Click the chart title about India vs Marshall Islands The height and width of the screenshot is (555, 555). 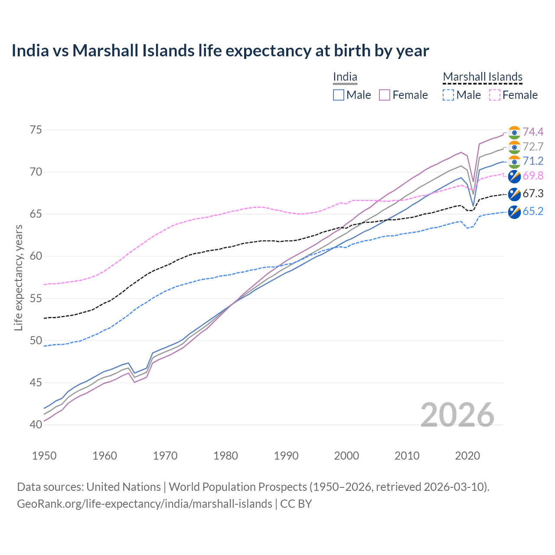[x=220, y=51]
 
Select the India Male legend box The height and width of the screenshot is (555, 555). [x=339, y=95]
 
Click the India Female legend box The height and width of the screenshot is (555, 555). [x=385, y=95]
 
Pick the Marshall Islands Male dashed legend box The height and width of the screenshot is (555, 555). [x=448, y=95]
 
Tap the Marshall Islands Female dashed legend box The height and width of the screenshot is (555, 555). [x=495, y=95]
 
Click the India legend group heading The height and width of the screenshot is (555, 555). [x=345, y=77]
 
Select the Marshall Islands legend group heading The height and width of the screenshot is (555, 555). [x=483, y=77]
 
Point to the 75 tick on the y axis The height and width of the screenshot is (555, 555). [x=36, y=130]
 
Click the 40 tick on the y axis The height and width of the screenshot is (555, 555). [x=36, y=425]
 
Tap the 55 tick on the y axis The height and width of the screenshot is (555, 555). [x=36, y=299]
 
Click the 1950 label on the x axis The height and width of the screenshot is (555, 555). [x=44, y=456]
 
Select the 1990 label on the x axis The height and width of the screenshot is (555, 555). [x=286, y=456]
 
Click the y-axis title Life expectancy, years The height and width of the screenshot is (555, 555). [x=19, y=277]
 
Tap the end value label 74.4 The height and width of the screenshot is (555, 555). [x=533, y=132]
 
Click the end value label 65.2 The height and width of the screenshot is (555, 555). [x=533, y=211]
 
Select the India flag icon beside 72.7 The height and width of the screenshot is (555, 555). [x=514, y=147]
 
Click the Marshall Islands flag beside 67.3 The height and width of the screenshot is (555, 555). [x=514, y=194]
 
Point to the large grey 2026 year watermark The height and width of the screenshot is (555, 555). [x=457, y=415]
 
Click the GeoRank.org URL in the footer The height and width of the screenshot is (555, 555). [x=144, y=504]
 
